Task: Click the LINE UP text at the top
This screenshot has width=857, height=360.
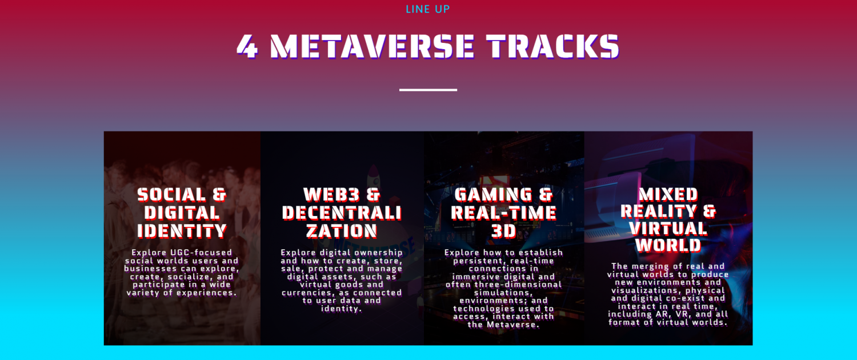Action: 428,9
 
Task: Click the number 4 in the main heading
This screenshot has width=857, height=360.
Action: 247,47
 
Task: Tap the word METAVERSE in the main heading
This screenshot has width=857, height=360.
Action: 373,47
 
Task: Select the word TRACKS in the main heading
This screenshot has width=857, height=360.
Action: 553,47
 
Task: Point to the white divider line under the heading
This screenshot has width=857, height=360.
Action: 428,90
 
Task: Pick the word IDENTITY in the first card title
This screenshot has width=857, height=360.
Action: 182,231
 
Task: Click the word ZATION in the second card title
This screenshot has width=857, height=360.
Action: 342,231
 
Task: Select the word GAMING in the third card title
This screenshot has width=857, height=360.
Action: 493,195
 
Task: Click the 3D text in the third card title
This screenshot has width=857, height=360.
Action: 503,231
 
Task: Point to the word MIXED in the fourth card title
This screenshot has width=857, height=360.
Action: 668,195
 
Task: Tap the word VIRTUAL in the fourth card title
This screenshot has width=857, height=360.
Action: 668,229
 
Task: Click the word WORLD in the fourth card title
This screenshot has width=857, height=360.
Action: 668,245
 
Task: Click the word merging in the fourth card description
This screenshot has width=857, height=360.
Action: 649,266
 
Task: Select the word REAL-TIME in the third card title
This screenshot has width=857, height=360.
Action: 503,213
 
